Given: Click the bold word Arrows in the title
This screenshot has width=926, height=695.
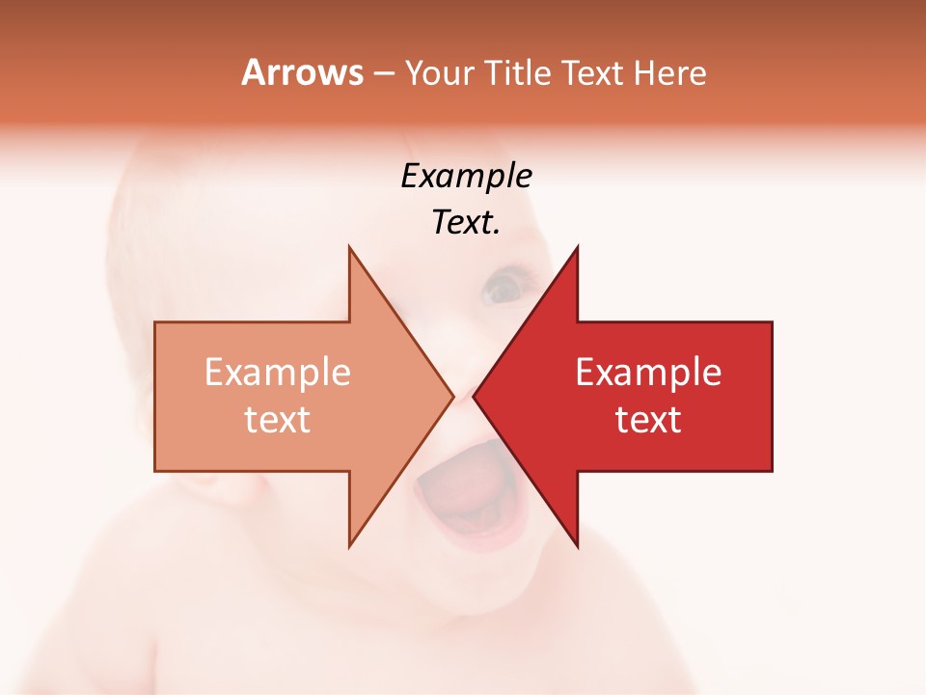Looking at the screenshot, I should [302, 72].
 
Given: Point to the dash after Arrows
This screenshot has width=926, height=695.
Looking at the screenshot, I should [382, 73].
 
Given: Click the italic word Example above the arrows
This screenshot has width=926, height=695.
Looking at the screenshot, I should [466, 176].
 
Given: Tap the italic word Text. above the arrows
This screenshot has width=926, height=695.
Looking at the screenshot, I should [466, 222].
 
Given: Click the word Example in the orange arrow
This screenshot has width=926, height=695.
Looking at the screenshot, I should [277, 373].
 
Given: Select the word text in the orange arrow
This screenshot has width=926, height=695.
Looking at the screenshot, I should [277, 420].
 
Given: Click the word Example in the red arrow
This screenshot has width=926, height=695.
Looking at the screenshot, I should [648, 373].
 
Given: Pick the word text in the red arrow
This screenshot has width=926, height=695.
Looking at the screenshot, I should [648, 420].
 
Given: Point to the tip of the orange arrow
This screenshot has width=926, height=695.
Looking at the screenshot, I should [451, 396].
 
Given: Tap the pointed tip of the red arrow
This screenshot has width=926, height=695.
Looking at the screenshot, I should [476, 396].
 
